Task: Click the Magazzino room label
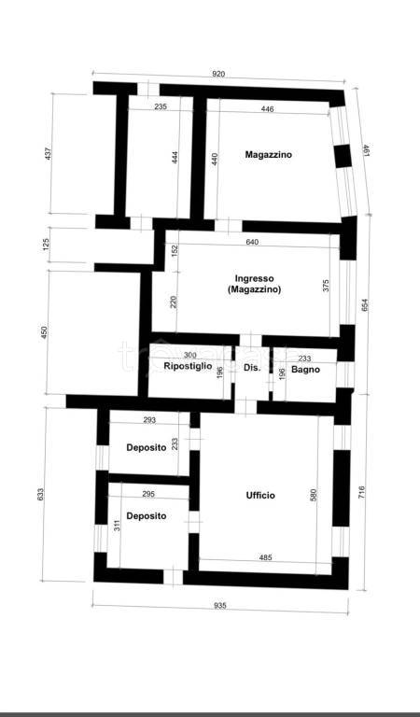[268, 154]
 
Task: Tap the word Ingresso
[254, 278]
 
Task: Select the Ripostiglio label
[188, 368]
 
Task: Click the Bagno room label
[305, 370]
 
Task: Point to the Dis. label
[252, 369]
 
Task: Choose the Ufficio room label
[260, 496]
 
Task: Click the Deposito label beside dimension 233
[147, 448]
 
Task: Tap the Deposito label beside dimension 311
[147, 515]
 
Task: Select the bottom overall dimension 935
[220, 605]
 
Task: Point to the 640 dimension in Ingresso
[252, 243]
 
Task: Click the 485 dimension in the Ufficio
[265, 558]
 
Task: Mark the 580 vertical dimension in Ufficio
[314, 497]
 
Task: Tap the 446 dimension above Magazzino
[268, 109]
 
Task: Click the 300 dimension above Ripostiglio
[189, 356]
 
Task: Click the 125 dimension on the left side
[47, 246]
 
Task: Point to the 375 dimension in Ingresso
[326, 287]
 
